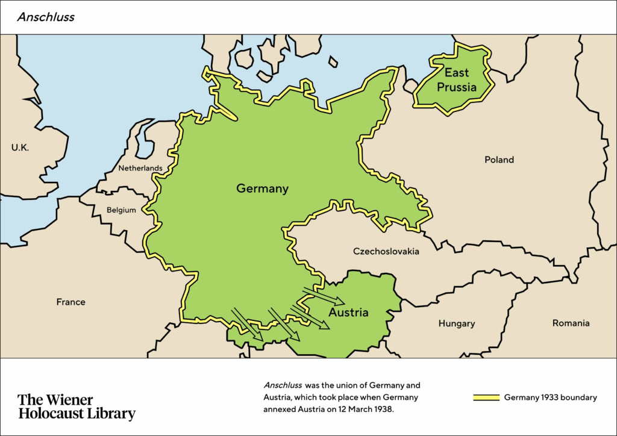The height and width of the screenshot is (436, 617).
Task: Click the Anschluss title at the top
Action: pyautogui.click(x=46, y=17)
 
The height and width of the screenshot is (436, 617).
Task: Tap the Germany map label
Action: pyautogui.click(x=262, y=188)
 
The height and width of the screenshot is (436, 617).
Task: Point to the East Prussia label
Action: pyautogui.click(x=457, y=80)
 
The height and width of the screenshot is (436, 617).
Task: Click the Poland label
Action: pyautogui.click(x=499, y=160)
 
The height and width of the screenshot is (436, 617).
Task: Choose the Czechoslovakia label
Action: pyautogui.click(x=386, y=251)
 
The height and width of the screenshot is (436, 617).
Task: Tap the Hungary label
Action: pyautogui.click(x=456, y=323)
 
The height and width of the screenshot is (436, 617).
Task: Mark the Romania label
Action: pyautogui.click(x=571, y=323)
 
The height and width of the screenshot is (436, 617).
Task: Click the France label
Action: pyautogui.click(x=70, y=302)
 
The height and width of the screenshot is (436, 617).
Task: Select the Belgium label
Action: pyautogui.click(x=121, y=210)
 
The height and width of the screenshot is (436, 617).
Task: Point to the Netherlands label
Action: pyautogui.click(x=140, y=168)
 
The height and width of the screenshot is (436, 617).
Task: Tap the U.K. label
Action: pyautogui.click(x=19, y=147)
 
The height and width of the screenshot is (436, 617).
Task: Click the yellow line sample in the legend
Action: pyautogui.click(x=486, y=397)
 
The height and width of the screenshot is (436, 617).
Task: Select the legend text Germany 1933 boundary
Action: pyautogui.click(x=550, y=397)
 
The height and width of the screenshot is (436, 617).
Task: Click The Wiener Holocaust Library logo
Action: pyautogui.click(x=77, y=406)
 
